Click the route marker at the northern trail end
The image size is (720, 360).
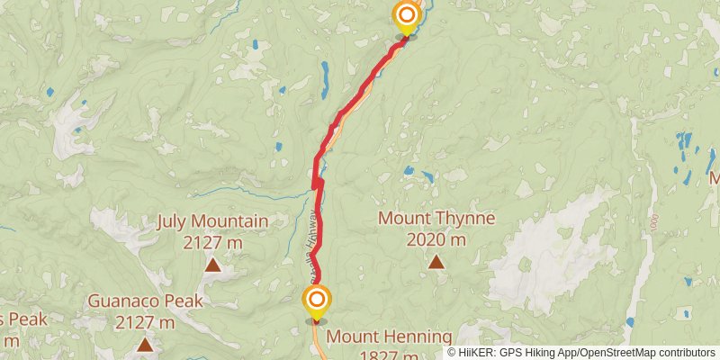[x=408, y=16]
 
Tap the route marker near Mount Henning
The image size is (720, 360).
[x=316, y=299]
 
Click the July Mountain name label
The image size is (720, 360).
[x=212, y=221]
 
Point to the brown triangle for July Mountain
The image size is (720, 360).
[x=213, y=265]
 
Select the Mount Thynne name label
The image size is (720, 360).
[x=436, y=218]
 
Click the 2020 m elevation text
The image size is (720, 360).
[x=436, y=239]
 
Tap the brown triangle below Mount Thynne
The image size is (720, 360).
[x=436, y=262]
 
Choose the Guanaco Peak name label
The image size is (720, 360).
[x=145, y=301]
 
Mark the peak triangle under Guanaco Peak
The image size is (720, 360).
[x=145, y=344]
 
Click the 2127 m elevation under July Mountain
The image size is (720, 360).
[x=212, y=242]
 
